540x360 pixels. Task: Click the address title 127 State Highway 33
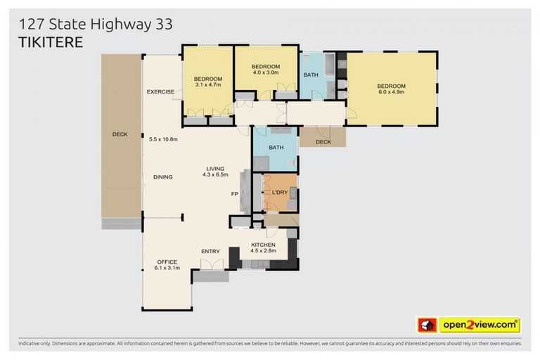click(x=96, y=25)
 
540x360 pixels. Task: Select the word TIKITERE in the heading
click(x=51, y=42)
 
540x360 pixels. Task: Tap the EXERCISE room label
click(x=160, y=92)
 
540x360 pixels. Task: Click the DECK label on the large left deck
click(x=120, y=134)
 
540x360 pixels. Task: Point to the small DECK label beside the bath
click(x=323, y=141)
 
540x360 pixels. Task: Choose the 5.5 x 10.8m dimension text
click(x=163, y=139)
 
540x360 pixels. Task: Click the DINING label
click(x=162, y=177)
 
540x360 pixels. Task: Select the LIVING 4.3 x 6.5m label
click(x=215, y=172)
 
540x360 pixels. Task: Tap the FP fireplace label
click(x=235, y=193)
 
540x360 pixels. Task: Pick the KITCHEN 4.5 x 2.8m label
click(x=269, y=248)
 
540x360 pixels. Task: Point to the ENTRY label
click(x=210, y=252)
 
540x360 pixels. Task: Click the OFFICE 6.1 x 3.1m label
click(x=167, y=265)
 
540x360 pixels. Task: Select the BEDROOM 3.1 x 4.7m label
click(x=208, y=81)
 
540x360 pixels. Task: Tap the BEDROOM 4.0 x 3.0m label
click(x=266, y=69)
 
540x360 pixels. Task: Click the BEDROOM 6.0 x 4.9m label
click(x=392, y=90)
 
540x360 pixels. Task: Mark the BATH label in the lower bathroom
click(x=275, y=147)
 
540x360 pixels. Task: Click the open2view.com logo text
click(x=479, y=326)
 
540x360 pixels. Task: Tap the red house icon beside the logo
click(x=427, y=326)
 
